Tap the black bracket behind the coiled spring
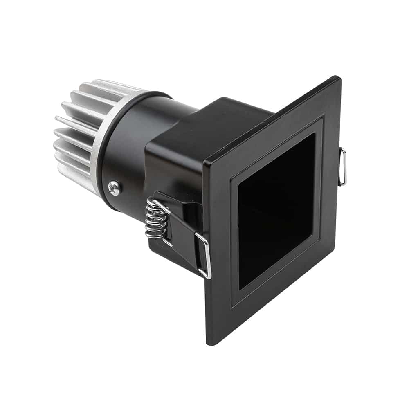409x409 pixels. (x=180, y=229)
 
